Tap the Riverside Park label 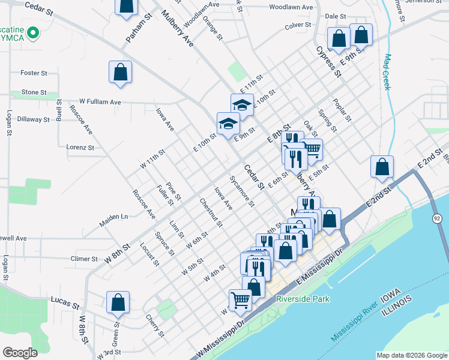pyautogui.click(x=301, y=299)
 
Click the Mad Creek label pyautogui.click(x=387, y=72)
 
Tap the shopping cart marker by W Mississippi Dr pyautogui.click(x=241, y=299)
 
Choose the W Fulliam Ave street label pyautogui.click(x=100, y=102)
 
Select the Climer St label pyautogui.click(x=84, y=259)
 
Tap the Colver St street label pyautogui.click(x=298, y=25)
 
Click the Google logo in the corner pyautogui.click(x=20, y=353)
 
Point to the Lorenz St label pyautogui.click(x=80, y=147)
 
